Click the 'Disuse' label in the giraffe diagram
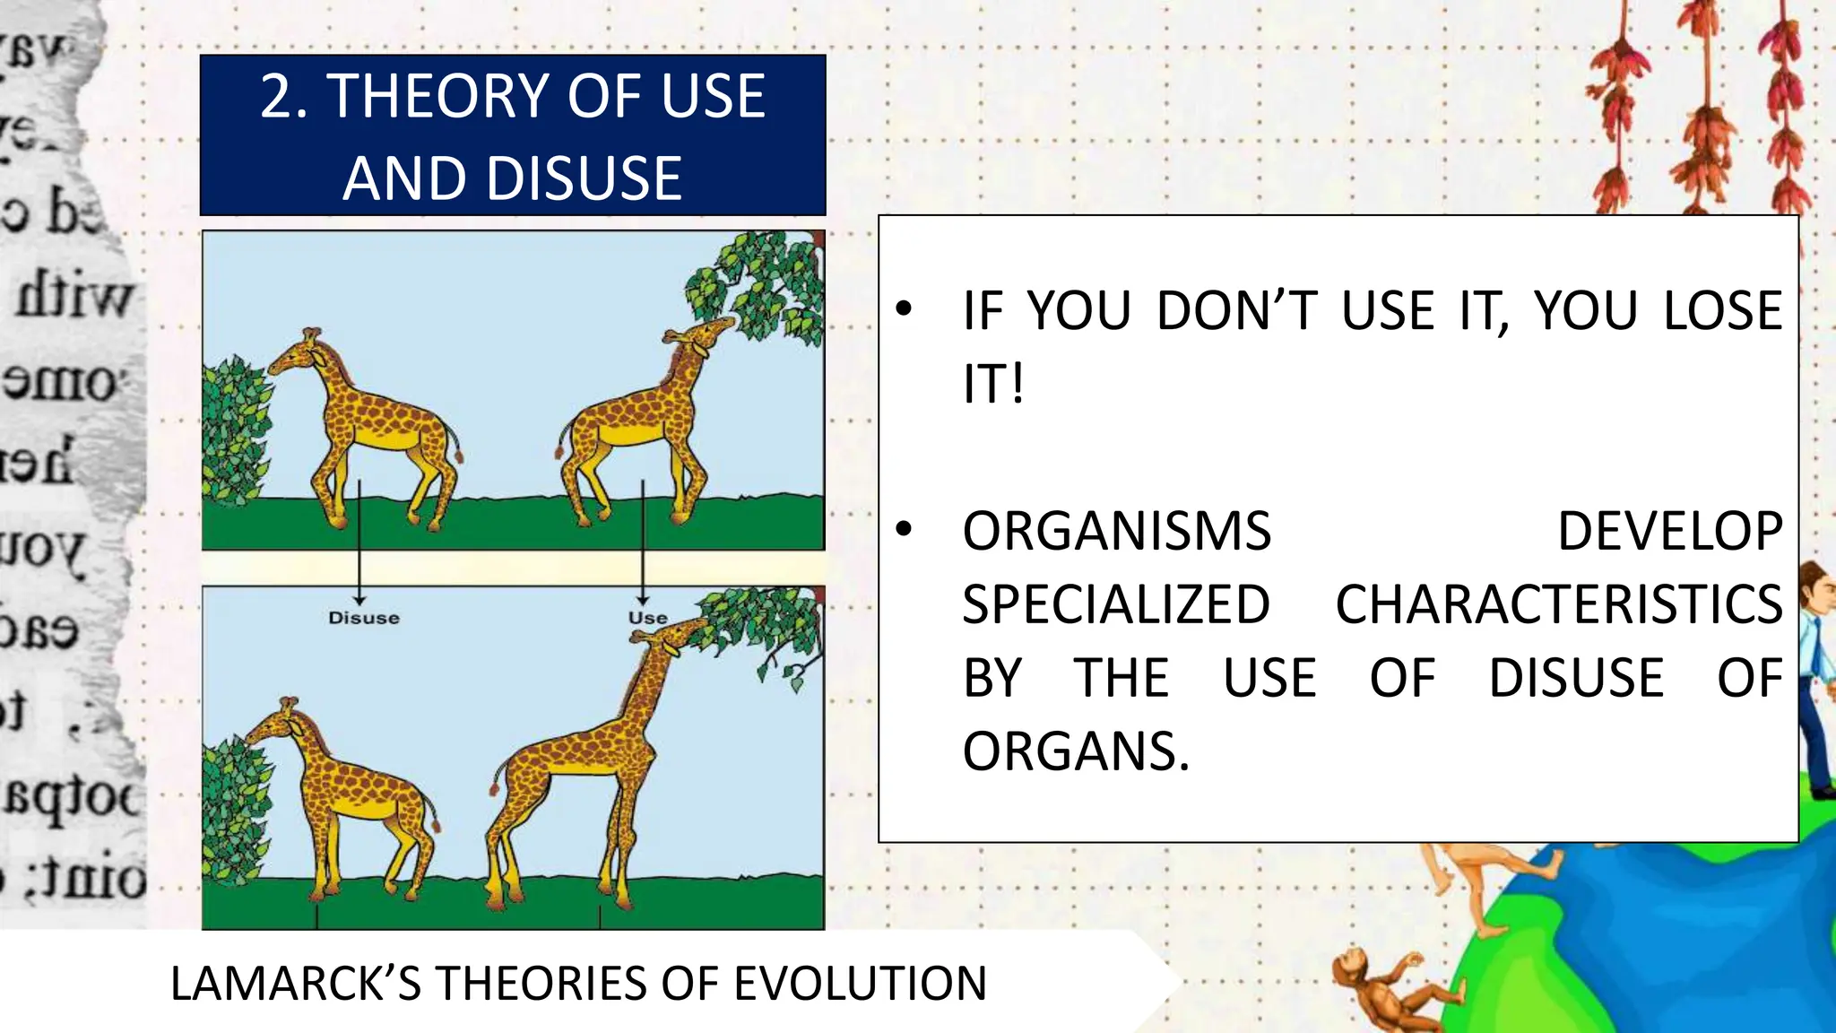tap(363, 618)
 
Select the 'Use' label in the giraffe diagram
tap(647, 618)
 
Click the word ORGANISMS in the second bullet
tap(1117, 531)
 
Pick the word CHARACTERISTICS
tap(1558, 604)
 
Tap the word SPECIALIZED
tap(1116, 604)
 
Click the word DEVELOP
tap(1669, 531)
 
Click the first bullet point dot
tap(904, 310)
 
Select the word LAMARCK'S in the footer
tap(296, 984)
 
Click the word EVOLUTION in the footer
tap(860, 984)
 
